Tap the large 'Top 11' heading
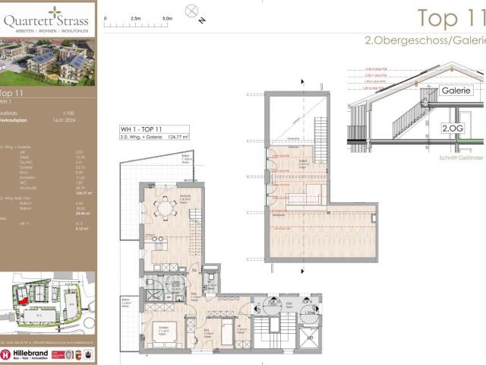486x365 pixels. tap(451, 17)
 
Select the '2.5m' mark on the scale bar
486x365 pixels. tap(137, 16)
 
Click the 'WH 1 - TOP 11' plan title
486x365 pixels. tap(141, 129)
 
